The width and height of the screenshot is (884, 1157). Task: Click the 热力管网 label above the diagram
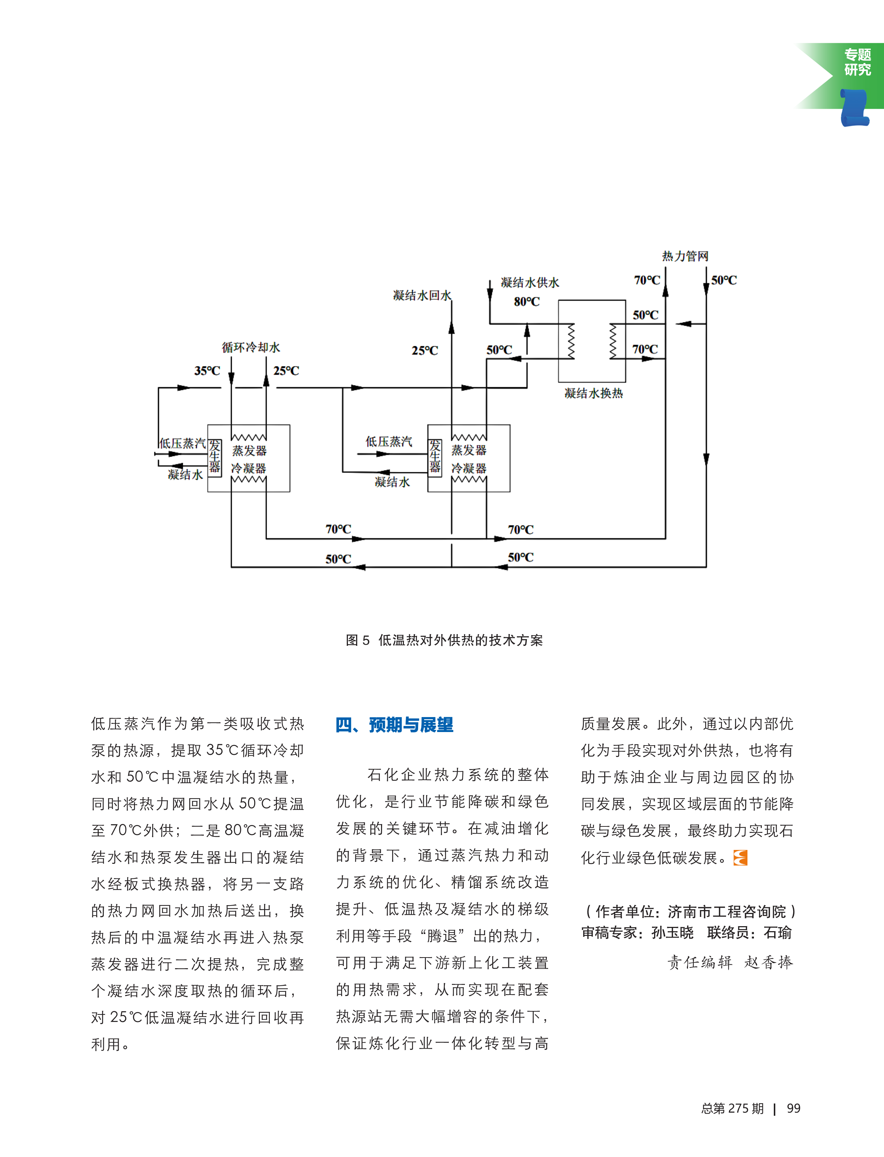(x=685, y=256)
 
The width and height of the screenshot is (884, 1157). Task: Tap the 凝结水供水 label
(x=530, y=283)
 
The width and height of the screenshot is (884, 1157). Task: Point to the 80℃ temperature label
(x=527, y=302)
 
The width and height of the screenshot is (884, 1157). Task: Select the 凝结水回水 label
(x=422, y=296)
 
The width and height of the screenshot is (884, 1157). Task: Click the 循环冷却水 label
(x=251, y=347)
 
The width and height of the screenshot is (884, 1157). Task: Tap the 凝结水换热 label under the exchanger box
(x=593, y=393)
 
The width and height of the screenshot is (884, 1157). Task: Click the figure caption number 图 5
(x=358, y=640)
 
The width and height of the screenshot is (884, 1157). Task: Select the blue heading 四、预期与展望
(x=395, y=725)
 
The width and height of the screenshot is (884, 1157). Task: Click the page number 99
(x=793, y=1109)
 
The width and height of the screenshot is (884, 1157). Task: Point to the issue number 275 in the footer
(x=739, y=1109)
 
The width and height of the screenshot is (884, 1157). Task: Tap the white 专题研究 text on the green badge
(x=858, y=62)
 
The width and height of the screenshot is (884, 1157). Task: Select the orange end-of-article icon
(x=740, y=858)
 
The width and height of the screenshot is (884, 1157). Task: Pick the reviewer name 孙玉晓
(x=673, y=933)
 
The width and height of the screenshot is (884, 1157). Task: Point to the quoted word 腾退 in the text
(x=442, y=936)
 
